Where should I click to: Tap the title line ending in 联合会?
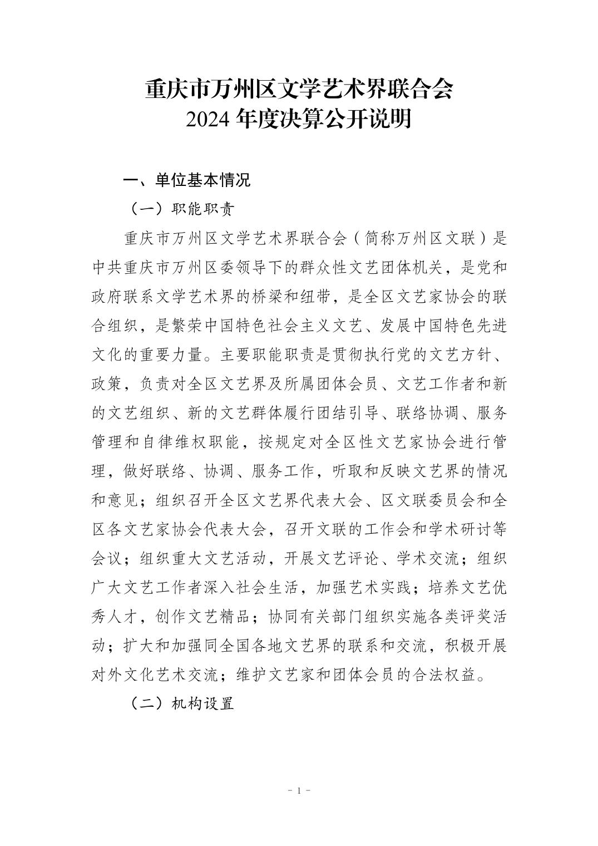click(299, 89)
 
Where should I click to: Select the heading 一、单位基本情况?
click(186, 180)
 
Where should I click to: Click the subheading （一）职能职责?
click(182, 209)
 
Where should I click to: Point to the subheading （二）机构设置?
click(182, 704)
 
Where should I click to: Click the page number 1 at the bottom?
click(299, 790)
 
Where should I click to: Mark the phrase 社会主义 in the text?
click(363, 326)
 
